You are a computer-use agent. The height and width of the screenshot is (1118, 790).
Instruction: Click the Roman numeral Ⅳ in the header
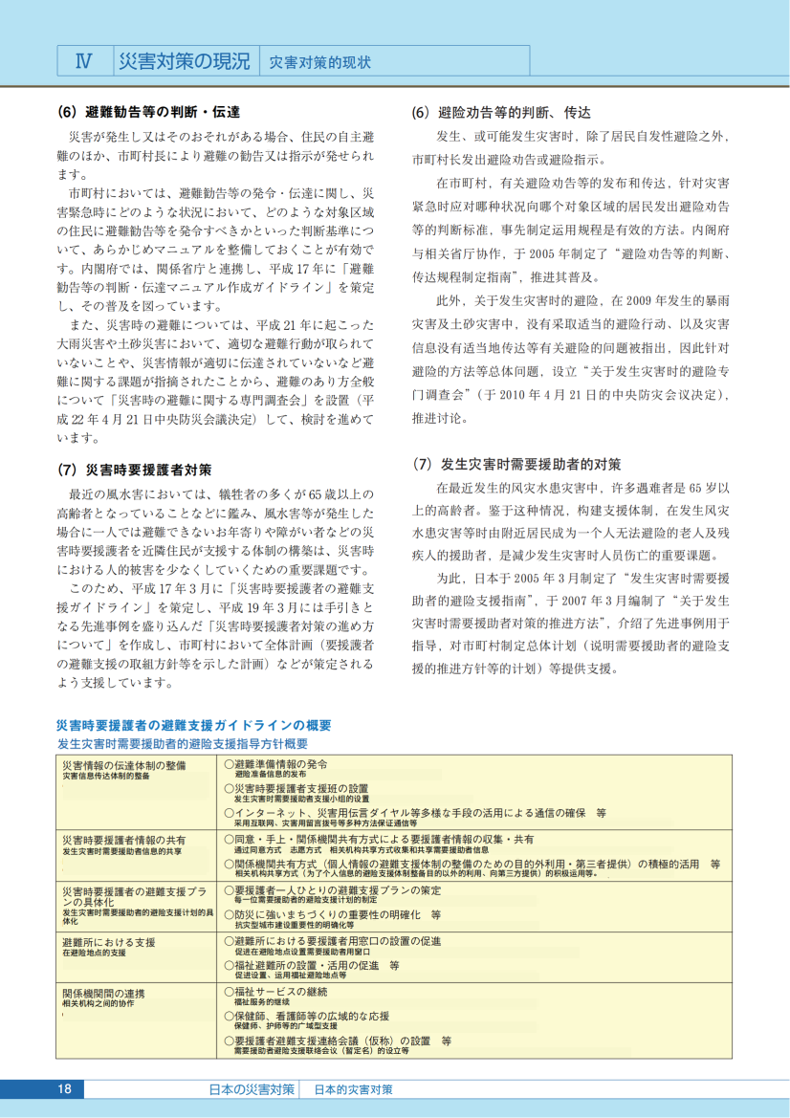coord(83,62)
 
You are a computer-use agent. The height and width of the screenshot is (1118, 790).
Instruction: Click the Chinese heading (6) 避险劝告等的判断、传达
coord(501,112)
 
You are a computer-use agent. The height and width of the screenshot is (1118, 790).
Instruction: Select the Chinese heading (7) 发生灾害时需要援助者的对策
coord(516,465)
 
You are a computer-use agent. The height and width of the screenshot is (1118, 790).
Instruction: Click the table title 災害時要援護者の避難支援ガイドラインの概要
coord(194,724)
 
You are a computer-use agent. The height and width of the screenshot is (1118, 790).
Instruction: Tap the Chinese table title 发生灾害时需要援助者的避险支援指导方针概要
coord(182,743)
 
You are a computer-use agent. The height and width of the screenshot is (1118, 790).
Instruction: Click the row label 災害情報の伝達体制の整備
coord(123,765)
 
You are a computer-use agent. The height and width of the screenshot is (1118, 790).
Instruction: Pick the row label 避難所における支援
coord(108,942)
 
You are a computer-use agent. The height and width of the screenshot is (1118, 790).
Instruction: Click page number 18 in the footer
coord(65,1089)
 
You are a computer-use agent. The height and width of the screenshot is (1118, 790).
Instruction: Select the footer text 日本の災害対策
coord(252,1089)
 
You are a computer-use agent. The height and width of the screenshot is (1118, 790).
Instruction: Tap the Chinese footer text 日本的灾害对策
coord(353,1089)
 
